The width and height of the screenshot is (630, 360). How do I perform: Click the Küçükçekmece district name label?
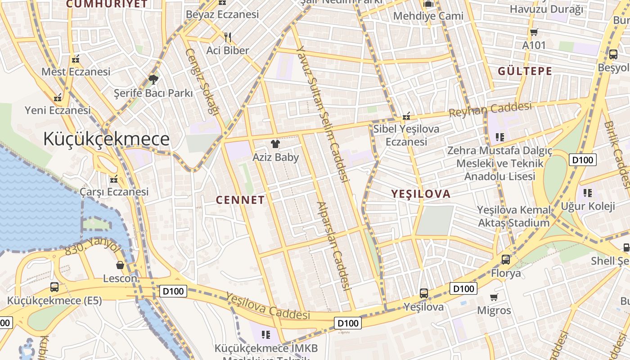107,139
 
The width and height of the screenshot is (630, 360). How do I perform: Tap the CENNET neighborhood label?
240,200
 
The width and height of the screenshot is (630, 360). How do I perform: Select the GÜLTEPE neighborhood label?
525,71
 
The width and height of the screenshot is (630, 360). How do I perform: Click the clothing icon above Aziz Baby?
275,144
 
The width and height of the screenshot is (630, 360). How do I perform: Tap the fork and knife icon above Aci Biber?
228,37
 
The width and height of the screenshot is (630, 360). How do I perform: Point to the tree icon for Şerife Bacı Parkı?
153,80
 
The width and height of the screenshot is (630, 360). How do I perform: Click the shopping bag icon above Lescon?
120,265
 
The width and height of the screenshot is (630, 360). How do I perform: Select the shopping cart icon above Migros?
494,297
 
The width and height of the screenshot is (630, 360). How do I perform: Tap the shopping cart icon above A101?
534,32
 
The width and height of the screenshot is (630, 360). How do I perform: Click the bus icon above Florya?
506,260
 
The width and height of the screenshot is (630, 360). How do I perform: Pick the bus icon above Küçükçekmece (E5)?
54,287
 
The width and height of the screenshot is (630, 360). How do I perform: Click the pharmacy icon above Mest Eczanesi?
76,59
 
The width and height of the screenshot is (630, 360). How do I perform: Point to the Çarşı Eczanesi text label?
114,192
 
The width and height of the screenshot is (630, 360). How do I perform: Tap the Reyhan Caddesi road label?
490,109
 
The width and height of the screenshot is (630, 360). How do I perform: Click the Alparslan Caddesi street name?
333,245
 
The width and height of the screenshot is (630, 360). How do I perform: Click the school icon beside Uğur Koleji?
587,193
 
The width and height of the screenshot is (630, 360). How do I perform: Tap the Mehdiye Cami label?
428,16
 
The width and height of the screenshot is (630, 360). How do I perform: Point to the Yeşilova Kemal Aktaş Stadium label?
514,216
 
